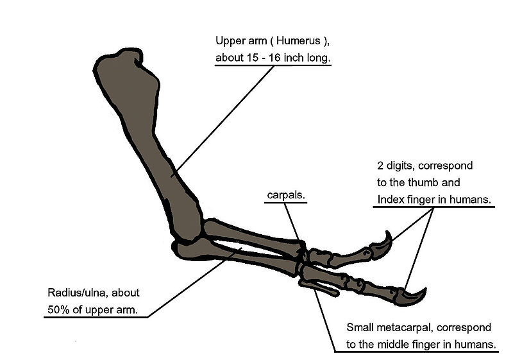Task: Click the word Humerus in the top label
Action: click(x=298, y=41)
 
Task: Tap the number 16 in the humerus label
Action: click(x=274, y=58)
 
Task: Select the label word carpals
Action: click(x=286, y=195)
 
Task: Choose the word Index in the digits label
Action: click(x=388, y=200)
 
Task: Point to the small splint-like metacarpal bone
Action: click(x=319, y=287)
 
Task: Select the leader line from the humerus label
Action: click(x=223, y=121)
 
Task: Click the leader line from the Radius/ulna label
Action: click(x=194, y=282)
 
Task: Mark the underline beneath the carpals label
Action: click(x=285, y=203)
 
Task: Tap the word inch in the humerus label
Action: click(x=294, y=58)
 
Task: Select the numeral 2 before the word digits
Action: click(x=380, y=166)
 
